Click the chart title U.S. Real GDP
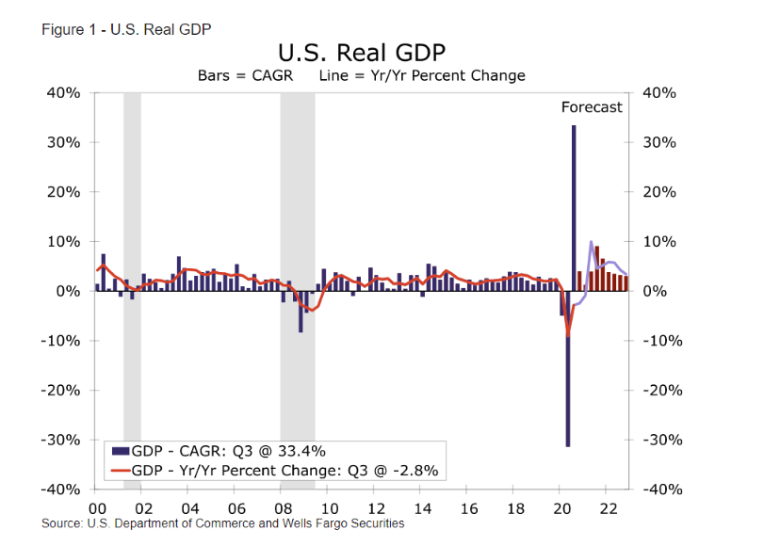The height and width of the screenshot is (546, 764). (361, 52)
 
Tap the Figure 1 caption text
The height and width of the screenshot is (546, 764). (126, 28)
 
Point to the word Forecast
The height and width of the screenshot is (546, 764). (592, 107)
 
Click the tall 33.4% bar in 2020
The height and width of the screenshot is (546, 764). (574, 207)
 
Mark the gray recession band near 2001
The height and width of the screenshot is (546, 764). (132, 282)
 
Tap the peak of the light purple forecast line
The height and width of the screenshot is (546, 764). (591, 242)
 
